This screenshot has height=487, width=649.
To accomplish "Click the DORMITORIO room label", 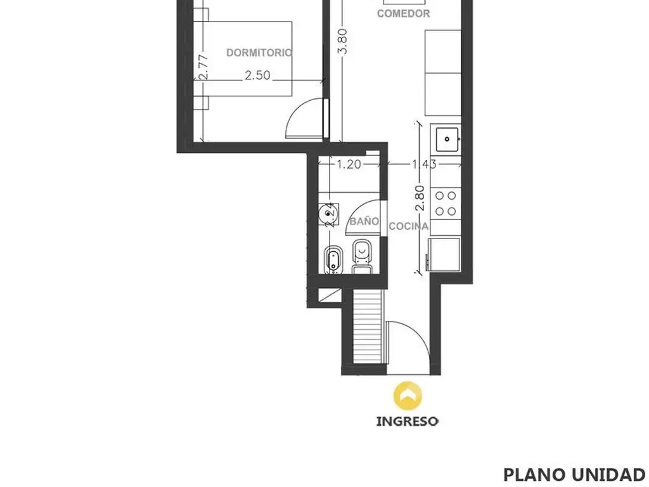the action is pos(259,53).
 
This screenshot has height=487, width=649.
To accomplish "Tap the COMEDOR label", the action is pos(404,14).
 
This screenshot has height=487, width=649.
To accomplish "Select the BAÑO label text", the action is pos(364,221).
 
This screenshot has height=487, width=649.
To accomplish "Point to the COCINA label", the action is pos(409,226).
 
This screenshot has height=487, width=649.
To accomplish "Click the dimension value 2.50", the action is pos(257,75).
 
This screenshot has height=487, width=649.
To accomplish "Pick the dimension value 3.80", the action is pos(343,41).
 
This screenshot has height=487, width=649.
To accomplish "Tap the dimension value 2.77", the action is pos(203,67).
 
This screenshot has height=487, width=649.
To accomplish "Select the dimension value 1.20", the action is pos(349,164).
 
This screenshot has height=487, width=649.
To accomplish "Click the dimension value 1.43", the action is pos(424,164).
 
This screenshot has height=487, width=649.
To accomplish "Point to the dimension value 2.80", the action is pos(420,198).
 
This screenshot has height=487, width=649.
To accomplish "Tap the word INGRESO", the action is pos(408,422).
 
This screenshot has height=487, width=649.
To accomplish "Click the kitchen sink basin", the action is pos(447,140).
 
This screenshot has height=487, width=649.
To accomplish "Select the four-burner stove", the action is pos(446,204).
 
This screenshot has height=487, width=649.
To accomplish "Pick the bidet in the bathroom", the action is pos(333,259).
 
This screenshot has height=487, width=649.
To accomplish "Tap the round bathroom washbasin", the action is pos(329,214).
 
